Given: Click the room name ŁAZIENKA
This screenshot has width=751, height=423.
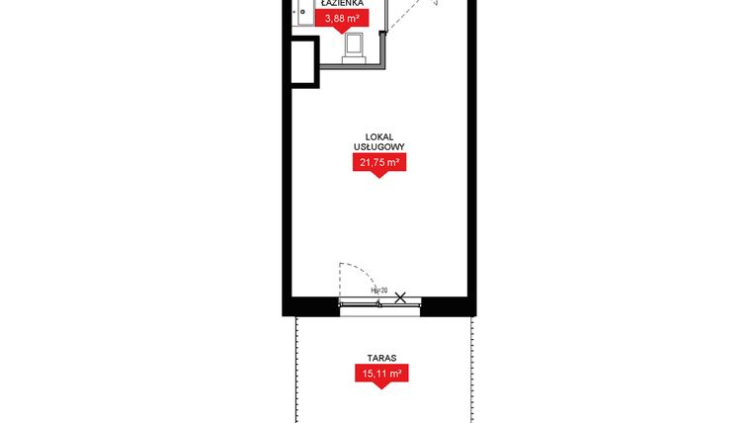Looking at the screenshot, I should [341, 4].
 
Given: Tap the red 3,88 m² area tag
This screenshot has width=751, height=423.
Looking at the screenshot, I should [341, 17].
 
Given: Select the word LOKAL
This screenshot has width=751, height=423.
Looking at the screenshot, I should [380, 136].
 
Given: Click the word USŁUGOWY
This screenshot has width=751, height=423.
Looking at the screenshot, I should [380, 147].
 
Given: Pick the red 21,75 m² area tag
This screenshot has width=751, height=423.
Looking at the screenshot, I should [380, 163].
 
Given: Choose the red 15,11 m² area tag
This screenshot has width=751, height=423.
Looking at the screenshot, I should [380, 374].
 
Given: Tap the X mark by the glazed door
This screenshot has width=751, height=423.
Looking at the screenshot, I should [400, 296].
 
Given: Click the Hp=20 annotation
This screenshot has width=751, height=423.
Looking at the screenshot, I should [377, 291].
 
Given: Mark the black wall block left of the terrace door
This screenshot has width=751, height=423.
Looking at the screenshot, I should [311, 305].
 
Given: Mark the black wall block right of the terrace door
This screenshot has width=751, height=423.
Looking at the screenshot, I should [450, 305].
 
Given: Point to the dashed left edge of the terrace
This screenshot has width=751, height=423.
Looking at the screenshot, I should [296, 366].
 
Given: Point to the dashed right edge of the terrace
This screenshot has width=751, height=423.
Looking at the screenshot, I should [464, 366].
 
